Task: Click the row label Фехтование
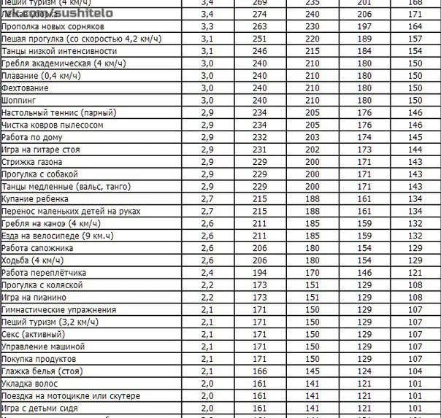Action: coord(26,88)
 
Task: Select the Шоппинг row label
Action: coord(20,100)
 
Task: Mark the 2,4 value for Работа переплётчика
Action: coord(207,272)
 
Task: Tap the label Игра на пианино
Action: coord(34,297)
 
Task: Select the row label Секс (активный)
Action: coord(30,334)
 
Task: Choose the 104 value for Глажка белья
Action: coord(415,371)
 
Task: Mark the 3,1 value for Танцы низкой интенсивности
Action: coord(207,50)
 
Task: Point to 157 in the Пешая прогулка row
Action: coord(415,38)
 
